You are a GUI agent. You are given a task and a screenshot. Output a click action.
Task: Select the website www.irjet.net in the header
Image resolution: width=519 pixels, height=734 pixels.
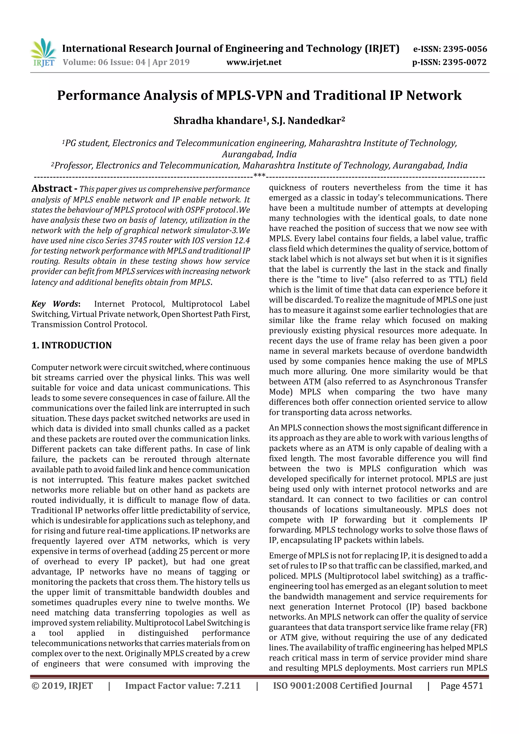[x=254, y=62]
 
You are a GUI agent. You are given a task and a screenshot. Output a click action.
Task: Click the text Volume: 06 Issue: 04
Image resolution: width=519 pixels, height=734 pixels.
[x=104, y=62]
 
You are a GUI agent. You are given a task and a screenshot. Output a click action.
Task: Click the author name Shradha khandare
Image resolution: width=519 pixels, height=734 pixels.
[x=218, y=121]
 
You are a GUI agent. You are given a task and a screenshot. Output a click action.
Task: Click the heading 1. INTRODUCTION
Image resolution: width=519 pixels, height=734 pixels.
[x=72, y=345]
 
